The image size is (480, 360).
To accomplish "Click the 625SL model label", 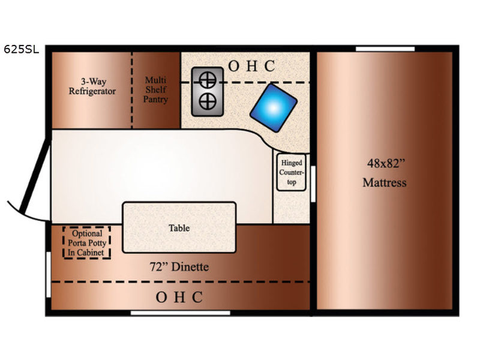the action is coord(22,49).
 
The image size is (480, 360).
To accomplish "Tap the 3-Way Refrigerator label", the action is coord(92,86).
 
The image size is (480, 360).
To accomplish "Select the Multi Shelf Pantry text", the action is coord(156,89).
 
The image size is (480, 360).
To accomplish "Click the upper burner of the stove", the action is coord(208,80).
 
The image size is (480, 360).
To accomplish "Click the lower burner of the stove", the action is coord(208,101).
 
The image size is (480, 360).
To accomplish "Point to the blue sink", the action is coord(274,108).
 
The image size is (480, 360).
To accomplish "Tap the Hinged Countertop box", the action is coord(292,172).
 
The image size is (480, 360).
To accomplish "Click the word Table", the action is coord(179,228).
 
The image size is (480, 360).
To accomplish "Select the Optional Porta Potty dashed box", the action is coord(87,243).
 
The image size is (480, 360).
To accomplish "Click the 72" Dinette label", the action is coord(179,266).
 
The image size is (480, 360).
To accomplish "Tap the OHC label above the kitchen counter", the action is coord(251,66).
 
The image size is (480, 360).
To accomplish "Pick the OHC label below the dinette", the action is coord(179,297).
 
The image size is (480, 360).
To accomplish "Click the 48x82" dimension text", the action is coord(386,163).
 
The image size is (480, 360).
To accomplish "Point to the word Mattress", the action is coord(385,182).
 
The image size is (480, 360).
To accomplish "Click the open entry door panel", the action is coord(34,175).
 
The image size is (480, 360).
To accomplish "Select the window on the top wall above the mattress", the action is coord(385,49).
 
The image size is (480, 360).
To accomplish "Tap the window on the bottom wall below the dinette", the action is coord(181,313).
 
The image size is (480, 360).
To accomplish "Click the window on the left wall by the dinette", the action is coord(49,274).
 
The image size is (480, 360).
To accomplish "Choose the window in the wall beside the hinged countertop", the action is coord(313,184).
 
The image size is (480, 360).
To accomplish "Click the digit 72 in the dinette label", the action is coord(157,266).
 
